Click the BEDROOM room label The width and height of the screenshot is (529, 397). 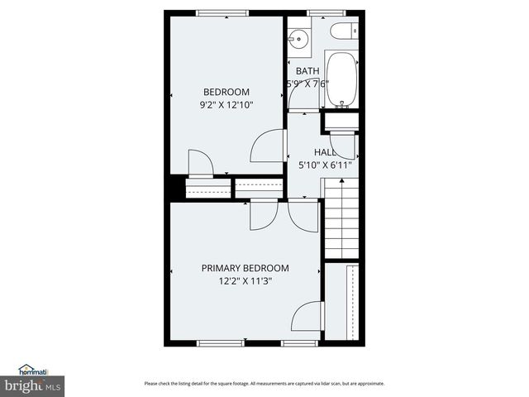pyautogui.click(x=226, y=92)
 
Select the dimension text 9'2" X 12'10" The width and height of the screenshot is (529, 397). pyautogui.click(x=226, y=105)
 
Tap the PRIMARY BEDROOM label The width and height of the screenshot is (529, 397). pyautogui.click(x=245, y=268)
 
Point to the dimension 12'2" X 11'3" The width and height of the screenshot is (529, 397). pyautogui.click(x=245, y=281)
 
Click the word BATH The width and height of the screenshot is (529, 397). pyautogui.click(x=307, y=71)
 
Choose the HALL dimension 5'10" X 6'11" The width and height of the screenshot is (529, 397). pyautogui.click(x=325, y=165)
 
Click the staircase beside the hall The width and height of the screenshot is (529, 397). pyautogui.click(x=340, y=222)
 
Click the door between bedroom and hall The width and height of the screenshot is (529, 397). pyautogui.click(x=266, y=146)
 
